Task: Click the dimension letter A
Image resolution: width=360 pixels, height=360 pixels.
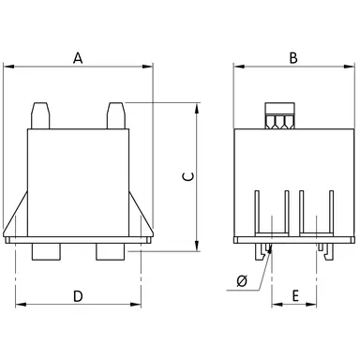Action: pos(78,57)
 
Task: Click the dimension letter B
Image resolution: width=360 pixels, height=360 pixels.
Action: pos(293,57)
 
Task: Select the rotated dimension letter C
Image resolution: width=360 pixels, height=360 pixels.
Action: pos(187,175)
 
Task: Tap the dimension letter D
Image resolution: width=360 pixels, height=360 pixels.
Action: pos(78,296)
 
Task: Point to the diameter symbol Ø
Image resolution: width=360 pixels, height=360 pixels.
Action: pos(242,281)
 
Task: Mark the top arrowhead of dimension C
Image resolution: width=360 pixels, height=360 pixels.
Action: pos(197,107)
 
